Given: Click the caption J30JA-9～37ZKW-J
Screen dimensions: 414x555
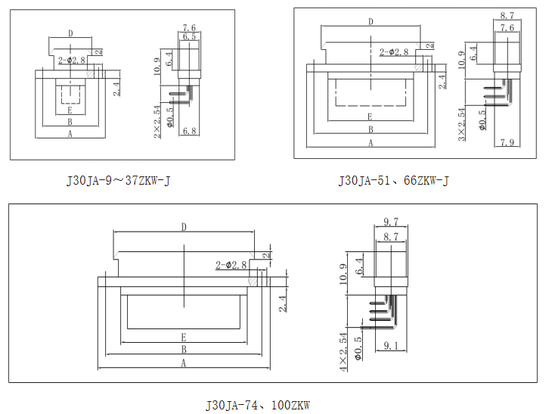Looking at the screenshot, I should click(119, 180).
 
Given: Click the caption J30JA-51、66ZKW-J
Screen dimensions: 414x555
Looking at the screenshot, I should click(394, 180).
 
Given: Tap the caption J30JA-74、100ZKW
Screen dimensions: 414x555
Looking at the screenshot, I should click(258, 405).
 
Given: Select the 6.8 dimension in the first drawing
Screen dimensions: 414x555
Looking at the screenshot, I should click(190, 132).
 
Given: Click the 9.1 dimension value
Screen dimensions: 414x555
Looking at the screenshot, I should click(392, 346).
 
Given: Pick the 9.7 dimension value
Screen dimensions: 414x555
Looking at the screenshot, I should click(391, 221).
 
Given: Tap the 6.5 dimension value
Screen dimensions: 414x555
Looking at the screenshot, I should click(189, 36).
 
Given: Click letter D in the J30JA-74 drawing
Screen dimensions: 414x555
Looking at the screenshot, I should click(184, 226).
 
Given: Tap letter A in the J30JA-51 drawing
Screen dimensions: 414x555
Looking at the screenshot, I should click(371, 142).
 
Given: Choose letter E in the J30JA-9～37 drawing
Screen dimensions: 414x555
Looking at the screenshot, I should click(70, 111).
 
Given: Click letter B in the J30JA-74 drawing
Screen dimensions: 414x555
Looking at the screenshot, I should click(184, 349).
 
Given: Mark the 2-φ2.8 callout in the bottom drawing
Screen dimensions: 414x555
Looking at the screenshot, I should click(231, 265).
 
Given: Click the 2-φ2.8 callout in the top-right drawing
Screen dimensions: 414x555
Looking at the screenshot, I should click(394, 51).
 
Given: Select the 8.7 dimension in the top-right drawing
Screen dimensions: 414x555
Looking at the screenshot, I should click(507, 15).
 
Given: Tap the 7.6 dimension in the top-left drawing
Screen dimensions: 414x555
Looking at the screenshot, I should click(189, 28).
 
